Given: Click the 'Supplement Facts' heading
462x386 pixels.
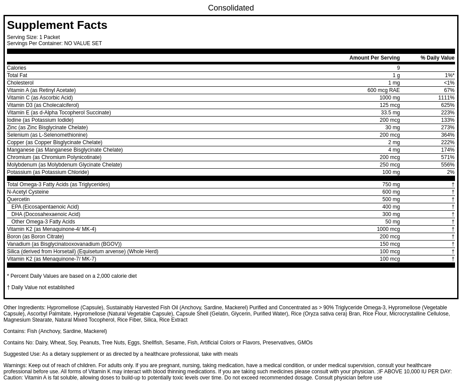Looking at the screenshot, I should [x=57, y=25].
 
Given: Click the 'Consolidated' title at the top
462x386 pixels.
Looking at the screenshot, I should [x=231, y=8].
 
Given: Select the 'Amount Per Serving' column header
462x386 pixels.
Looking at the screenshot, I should [x=374, y=58].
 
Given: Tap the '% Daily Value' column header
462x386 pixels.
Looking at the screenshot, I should [x=437, y=58].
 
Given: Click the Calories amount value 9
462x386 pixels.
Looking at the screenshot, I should [x=398, y=68].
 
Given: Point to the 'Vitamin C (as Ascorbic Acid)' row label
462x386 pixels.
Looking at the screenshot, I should [x=40, y=98].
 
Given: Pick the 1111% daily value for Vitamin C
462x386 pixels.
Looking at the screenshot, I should [x=446, y=98].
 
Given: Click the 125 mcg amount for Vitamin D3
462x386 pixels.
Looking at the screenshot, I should [x=389, y=105].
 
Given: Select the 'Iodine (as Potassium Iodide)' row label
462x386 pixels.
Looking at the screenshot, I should [x=40, y=120].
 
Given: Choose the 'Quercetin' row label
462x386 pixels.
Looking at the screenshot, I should [x=18, y=199].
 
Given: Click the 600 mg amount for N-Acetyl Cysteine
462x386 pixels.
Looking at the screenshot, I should [x=391, y=192].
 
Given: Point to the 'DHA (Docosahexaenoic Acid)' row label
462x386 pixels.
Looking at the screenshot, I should [x=45, y=214].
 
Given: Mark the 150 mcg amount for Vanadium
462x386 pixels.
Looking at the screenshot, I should [x=389, y=244].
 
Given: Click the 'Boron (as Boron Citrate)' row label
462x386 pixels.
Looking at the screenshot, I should [x=35, y=237].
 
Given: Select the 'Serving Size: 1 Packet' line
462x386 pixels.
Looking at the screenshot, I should [x=33, y=37].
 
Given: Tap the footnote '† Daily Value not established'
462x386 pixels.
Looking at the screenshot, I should [x=41, y=287].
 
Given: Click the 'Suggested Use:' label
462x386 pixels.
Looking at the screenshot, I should [x=22, y=354].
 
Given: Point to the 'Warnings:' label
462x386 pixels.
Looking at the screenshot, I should [x=15, y=365].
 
